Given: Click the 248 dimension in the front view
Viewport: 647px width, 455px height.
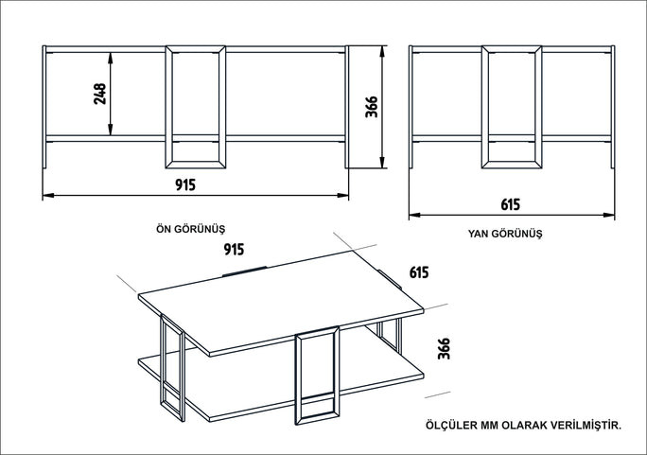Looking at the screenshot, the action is pyautogui.click(x=100, y=94).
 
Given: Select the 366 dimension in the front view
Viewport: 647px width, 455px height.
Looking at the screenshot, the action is pyautogui.click(x=372, y=107).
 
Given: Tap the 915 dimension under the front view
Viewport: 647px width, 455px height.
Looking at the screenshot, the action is pyautogui.click(x=185, y=184).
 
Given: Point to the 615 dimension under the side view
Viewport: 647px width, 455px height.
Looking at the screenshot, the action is pyautogui.click(x=511, y=204).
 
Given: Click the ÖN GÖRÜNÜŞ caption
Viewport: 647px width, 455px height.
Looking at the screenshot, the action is pyautogui.click(x=191, y=229).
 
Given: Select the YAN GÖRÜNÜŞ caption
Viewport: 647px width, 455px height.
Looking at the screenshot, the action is pyautogui.click(x=505, y=234).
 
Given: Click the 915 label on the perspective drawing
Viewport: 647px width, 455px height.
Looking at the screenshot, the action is pyautogui.click(x=234, y=249).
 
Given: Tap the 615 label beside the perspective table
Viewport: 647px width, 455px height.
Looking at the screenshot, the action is pyautogui.click(x=419, y=272).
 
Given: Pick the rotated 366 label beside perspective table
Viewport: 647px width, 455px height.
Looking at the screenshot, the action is pyautogui.click(x=444, y=348).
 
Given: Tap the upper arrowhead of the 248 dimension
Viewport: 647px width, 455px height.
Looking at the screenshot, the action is pyautogui.click(x=110, y=58).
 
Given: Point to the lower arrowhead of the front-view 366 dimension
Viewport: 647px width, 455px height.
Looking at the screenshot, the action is pyautogui.click(x=382, y=163).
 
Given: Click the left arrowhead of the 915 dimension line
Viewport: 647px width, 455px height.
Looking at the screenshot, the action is pyautogui.click(x=48, y=195).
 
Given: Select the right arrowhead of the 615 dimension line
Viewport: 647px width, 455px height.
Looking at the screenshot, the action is pyautogui.click(x=608, y=215).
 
